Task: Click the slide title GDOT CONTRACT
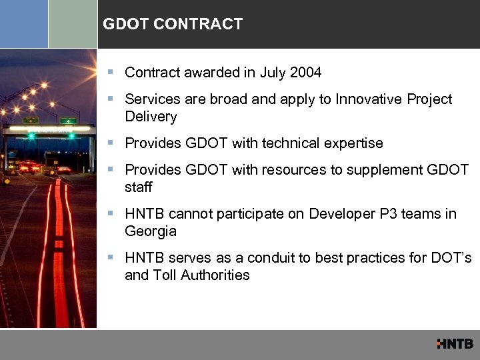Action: click(x=173, y=25)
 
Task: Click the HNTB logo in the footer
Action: click(x=455, y=344)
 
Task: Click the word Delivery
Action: click(x=151, y=117)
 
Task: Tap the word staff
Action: click(x=138, y=187)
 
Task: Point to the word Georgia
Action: click(x=151, y=231)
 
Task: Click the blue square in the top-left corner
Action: click(x=24, y=24)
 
